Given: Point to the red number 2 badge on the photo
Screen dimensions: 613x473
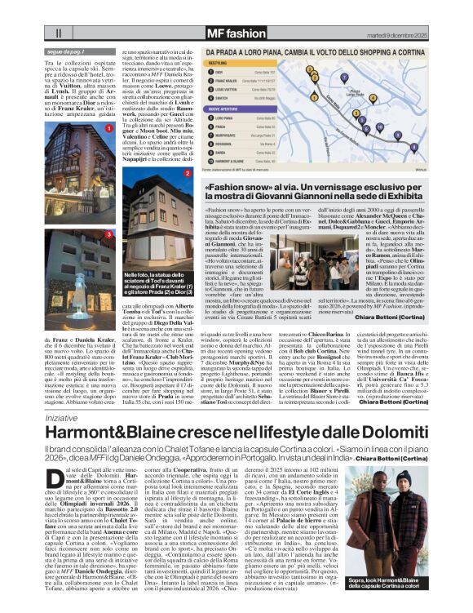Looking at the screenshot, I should click(x=188, y=173).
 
